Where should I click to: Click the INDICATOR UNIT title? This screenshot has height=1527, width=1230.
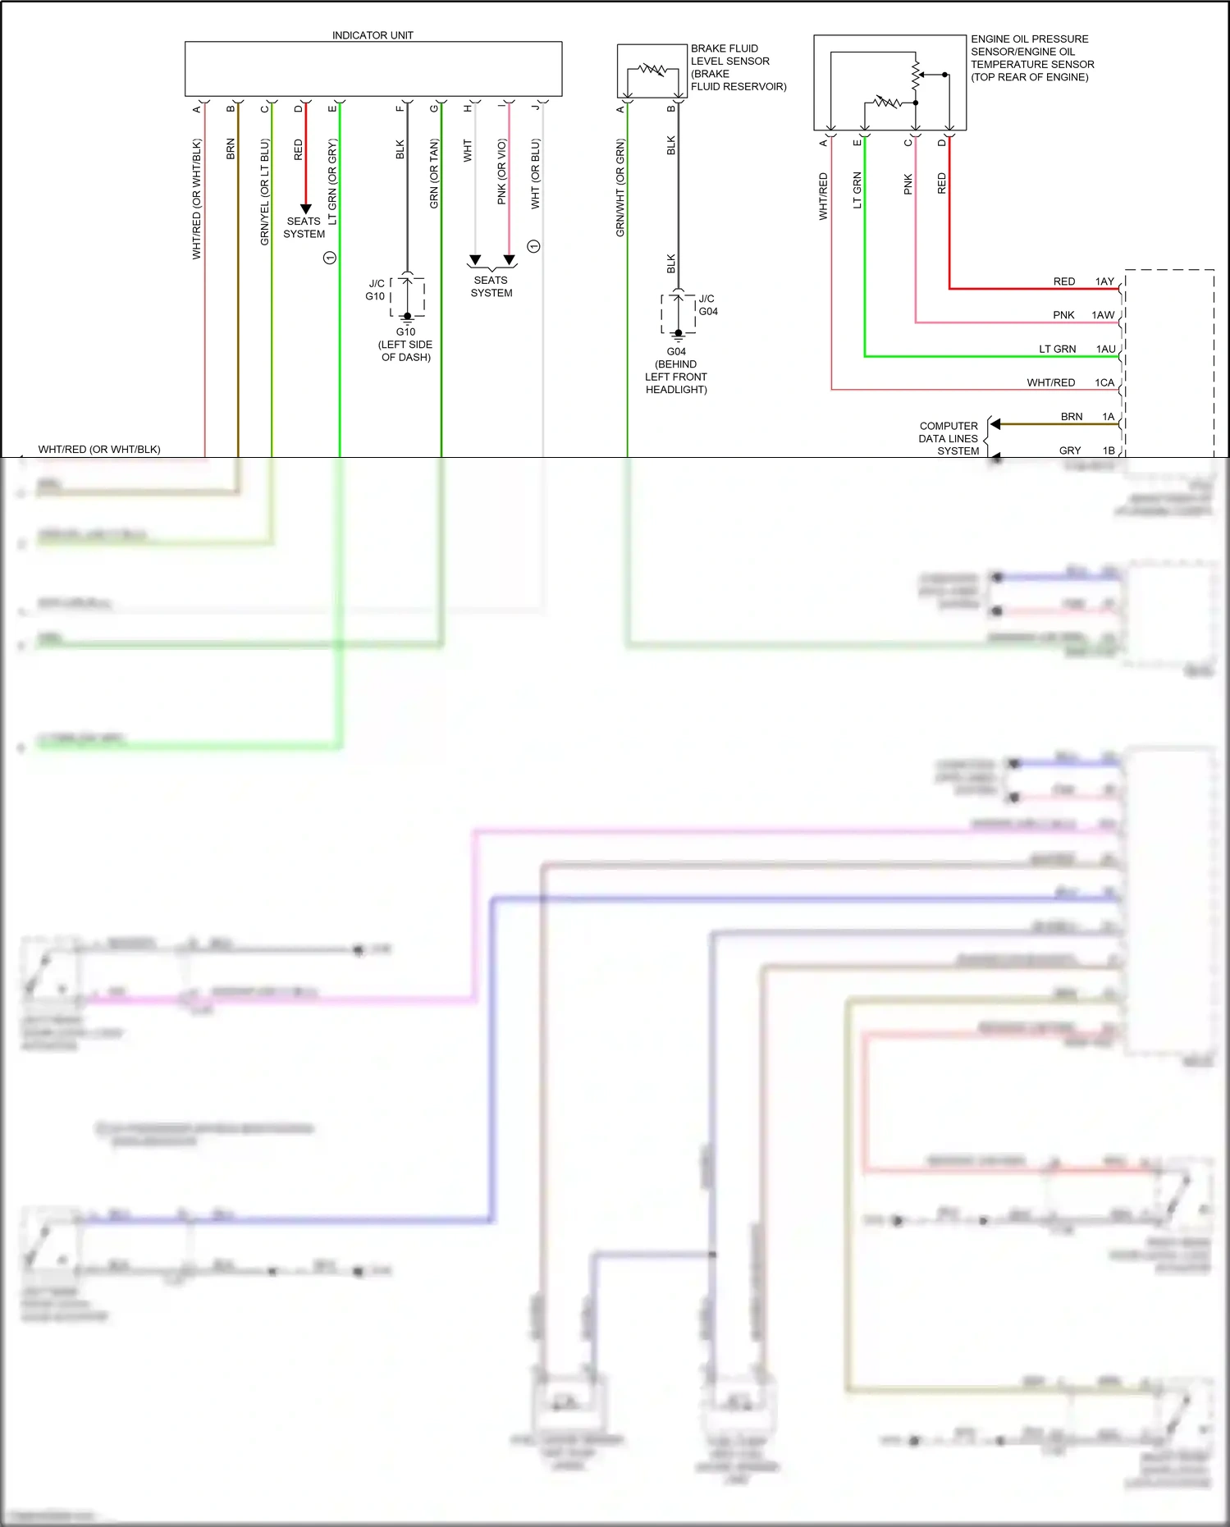373,35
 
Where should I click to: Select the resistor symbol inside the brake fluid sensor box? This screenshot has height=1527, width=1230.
653,69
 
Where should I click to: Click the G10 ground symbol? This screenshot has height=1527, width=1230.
407,318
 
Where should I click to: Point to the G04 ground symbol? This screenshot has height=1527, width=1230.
678,336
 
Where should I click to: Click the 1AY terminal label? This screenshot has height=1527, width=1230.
1104,281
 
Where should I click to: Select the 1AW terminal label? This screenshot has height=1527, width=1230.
1103,315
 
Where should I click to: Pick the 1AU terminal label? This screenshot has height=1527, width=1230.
1105,349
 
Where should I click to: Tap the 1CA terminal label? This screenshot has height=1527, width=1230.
1104,382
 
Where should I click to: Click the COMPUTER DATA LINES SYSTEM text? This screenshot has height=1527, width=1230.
949,438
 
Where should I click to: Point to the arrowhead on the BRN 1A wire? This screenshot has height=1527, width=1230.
995,424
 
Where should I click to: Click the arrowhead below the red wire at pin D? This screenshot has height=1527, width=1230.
305,208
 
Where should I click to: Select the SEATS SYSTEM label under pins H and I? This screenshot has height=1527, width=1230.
492,286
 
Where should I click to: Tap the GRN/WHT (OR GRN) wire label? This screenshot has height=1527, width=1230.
620,188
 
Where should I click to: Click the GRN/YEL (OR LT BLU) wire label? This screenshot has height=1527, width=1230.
264,192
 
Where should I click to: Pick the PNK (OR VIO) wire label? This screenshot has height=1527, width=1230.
501,171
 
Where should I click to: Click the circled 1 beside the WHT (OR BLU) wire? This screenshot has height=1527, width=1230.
533,246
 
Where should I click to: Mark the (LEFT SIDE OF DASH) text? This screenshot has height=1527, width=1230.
405,350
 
